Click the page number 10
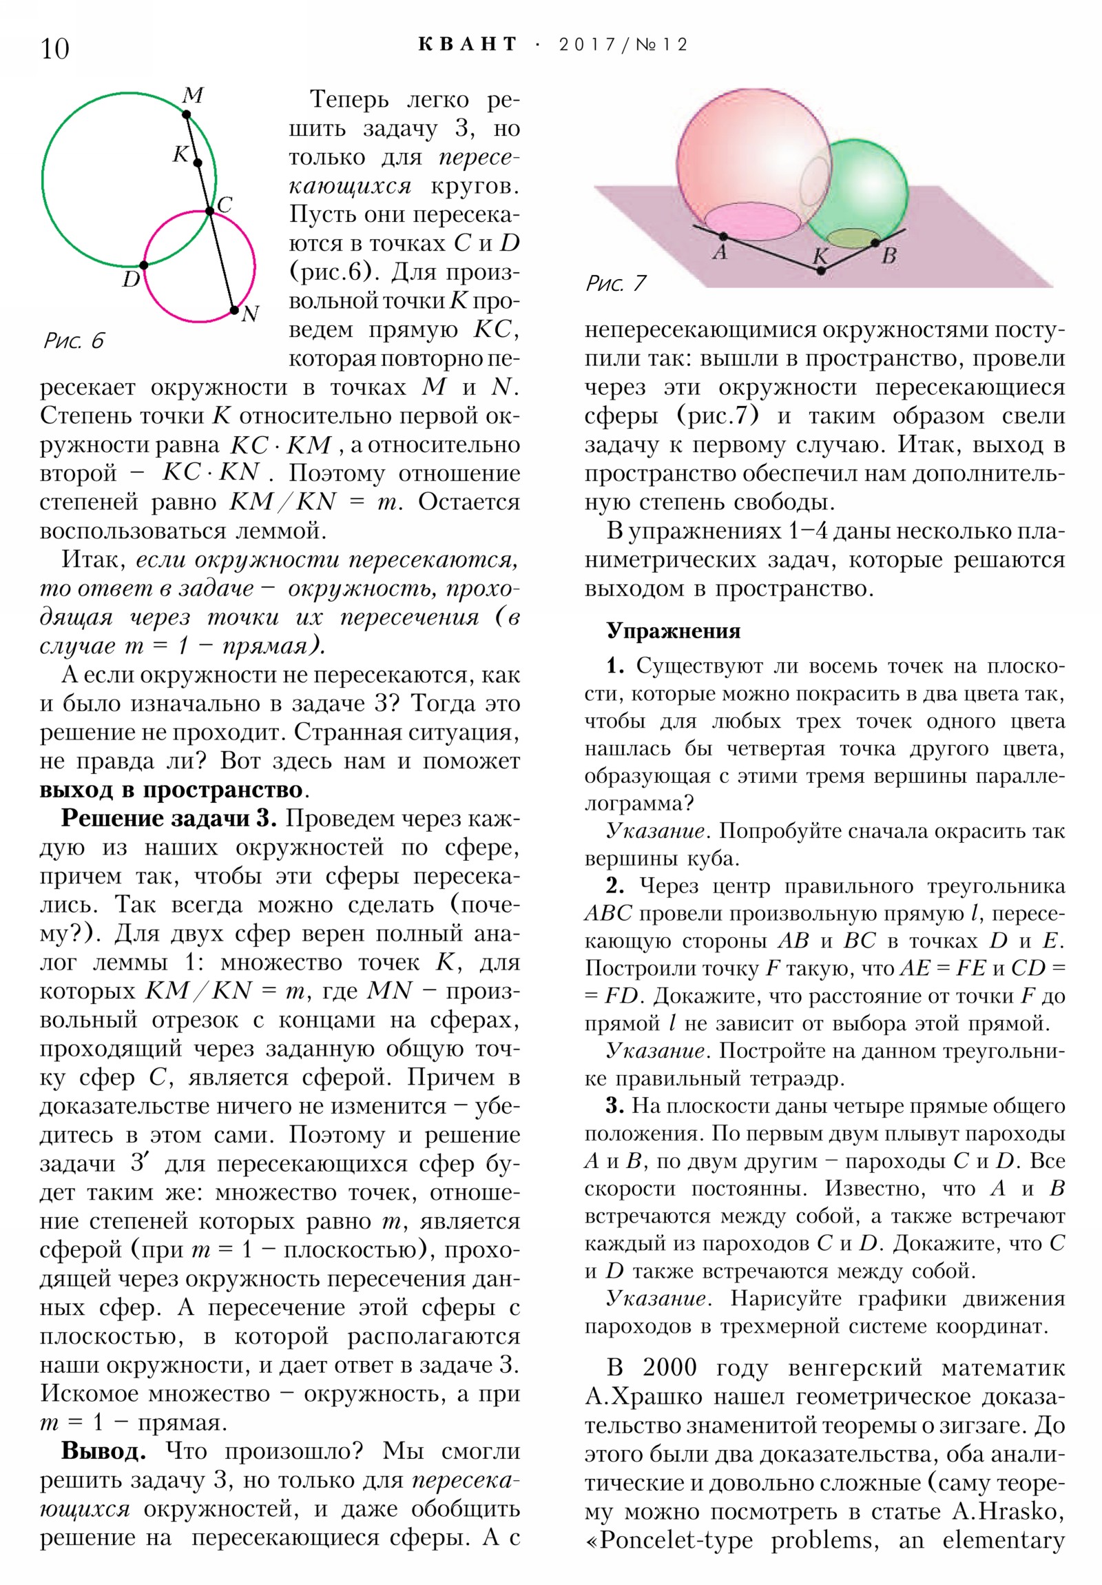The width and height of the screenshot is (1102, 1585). click(55, 49)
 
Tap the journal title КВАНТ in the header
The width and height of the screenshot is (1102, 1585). click(467, 45)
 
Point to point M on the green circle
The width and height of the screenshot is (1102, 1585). click(187, 114)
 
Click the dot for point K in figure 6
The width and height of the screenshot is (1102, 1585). click(198, 163)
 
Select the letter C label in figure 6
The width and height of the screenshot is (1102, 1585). click(225, 205)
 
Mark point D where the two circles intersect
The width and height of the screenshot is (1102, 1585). click(143, 265)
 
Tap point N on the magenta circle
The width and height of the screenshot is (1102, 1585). click(235, 310)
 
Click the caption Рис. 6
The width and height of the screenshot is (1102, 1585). click(74, 340)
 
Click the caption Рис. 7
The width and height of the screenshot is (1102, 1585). click(616, 283)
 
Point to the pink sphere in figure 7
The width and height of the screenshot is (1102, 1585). click(738, 152)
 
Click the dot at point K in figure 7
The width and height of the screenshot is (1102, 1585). click(820, 271)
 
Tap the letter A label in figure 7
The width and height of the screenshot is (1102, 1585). click(720, 252)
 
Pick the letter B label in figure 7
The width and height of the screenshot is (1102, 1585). click(888, 256)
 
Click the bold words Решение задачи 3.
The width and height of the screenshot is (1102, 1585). click(169, 818)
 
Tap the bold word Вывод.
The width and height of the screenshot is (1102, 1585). click(103, 1451)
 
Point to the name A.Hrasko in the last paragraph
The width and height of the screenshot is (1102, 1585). click(1008, 1512)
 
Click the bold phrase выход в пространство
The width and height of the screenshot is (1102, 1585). click(171, 789)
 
